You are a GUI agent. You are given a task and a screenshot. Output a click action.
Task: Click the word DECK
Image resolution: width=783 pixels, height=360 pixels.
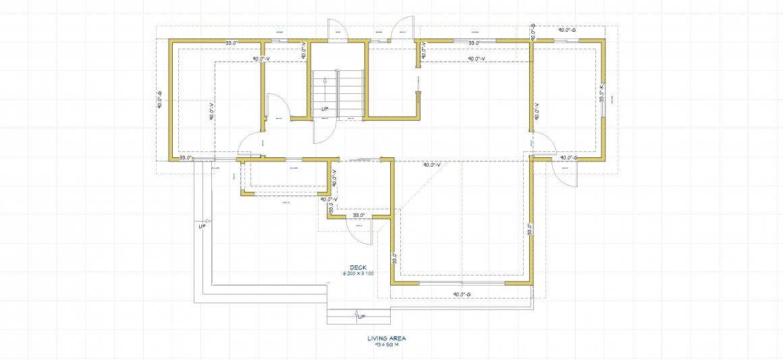[358, 267]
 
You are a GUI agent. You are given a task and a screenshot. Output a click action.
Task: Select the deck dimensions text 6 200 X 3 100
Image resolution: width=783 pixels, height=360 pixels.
[358, 274]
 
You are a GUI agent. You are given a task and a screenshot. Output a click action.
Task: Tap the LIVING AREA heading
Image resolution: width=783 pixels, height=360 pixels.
[387, 338]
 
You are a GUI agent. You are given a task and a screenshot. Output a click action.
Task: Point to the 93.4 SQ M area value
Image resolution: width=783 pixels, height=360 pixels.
[387, 344]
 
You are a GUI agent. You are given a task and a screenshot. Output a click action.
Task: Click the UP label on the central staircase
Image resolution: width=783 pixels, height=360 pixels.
[325, 109]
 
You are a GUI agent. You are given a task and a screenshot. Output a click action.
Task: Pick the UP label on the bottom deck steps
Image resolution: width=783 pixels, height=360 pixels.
[360, 315]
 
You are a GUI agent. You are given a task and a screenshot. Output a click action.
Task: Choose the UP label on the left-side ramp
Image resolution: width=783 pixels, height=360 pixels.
[202, 226]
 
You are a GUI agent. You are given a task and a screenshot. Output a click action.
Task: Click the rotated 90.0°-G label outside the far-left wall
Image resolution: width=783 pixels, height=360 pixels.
[159, 101]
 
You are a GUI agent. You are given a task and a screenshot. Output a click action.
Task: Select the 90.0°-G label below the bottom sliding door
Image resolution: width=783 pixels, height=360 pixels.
[461, 294]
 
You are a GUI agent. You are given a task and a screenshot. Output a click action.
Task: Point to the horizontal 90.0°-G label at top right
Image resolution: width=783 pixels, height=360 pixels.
[566, 30]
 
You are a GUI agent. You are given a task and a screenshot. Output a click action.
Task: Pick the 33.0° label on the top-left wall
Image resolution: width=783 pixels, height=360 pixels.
[231, 43]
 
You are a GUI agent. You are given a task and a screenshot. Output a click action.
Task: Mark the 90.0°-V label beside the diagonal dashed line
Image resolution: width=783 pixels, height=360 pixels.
[431, 165]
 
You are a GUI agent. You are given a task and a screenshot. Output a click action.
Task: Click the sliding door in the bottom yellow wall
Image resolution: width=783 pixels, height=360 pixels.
[461, 283]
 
